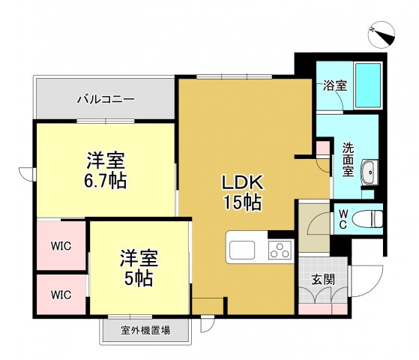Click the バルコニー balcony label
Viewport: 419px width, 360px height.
(105, 99)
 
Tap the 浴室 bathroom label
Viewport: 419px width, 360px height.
(335, 85)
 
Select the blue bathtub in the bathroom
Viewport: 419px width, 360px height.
(367, 86)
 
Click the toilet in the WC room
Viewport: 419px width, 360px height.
(370, 219)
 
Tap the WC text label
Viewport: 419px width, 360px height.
(343, 219)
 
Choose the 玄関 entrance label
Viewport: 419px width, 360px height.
(323, 280)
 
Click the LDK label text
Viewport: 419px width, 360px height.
(241, 181)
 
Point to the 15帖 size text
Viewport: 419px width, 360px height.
(241, 202)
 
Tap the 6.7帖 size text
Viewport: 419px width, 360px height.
(105, 180)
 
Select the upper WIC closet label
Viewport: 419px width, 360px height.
(61, 245)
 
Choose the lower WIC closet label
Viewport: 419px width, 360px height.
(61, 295)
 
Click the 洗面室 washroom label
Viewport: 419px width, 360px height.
(349, 159)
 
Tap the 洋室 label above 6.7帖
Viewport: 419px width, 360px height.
(105, 160)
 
